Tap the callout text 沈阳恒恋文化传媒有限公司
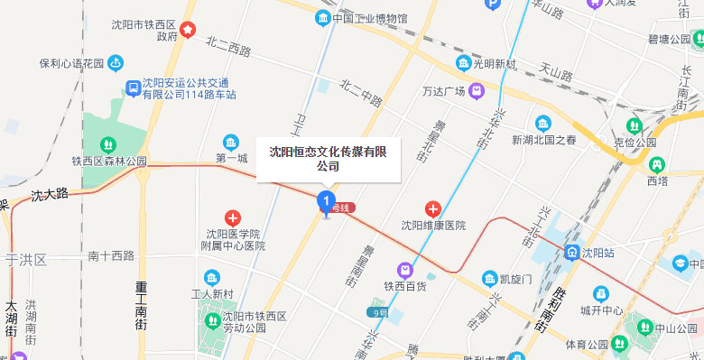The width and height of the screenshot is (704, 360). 328,159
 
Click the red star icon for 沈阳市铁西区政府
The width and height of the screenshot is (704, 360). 187,30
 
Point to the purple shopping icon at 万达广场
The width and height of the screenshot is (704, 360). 476,91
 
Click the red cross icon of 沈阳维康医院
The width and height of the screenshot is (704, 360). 433,209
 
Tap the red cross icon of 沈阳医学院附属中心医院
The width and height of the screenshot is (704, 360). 233,217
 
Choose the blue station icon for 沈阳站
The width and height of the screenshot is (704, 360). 571,253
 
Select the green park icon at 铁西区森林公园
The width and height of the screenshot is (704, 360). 107,143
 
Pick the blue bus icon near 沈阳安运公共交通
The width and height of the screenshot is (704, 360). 133,88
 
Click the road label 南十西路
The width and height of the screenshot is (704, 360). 111,255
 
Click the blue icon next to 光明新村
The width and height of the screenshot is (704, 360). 463,63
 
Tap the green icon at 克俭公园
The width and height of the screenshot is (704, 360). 635,125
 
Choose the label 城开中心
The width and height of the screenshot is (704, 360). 602,310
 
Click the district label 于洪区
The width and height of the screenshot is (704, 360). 26,259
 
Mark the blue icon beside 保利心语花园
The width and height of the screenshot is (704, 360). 116,63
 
